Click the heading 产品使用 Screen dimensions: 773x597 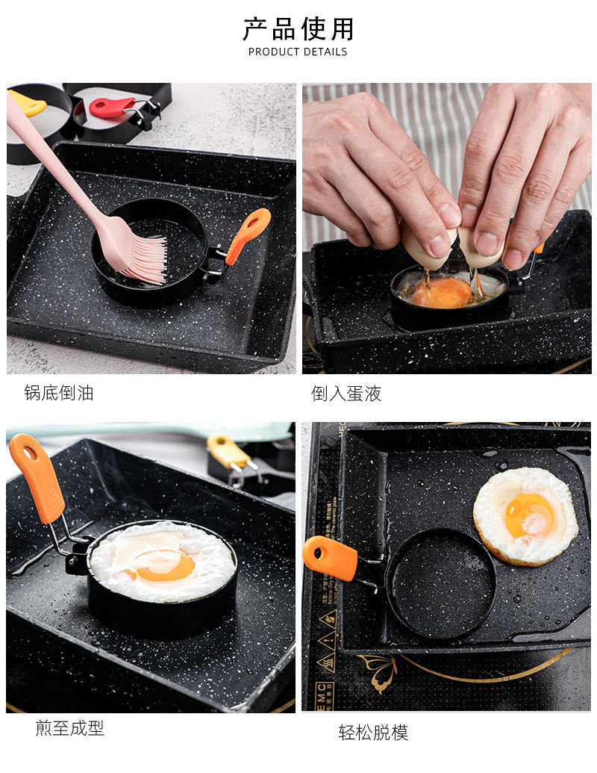(x=298, y=29)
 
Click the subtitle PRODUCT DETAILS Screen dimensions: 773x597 (x=298, y=52)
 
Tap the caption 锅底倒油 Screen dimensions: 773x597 (x=59, y=393)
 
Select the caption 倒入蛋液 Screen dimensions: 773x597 (x=346, y=394)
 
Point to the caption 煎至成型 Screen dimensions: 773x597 (x=70, y=728)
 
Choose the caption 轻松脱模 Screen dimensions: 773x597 (x=373, y=733)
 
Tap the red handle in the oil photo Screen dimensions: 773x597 (x=112, y=108)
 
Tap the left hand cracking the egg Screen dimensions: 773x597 (x=373, y=172)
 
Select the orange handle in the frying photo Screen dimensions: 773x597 (x=37, y=478)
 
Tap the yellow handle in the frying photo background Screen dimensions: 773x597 (x=228, y=450)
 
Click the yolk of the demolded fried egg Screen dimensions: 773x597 (x=530, y=515)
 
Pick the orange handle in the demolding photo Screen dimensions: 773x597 (x=330, y=558)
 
